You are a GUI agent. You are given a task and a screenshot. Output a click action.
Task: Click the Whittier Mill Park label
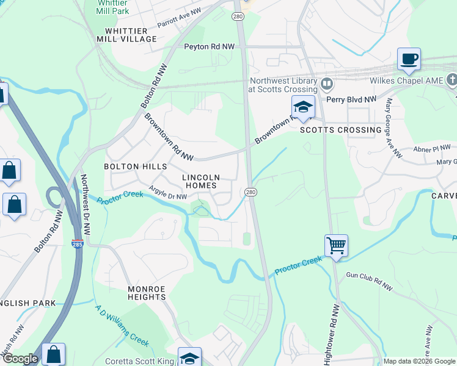click(x=112, y=7)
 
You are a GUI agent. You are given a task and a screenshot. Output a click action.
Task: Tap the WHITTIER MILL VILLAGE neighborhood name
click(x=126, y=35)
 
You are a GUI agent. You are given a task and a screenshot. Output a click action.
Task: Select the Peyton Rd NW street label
click(x=210, y=46)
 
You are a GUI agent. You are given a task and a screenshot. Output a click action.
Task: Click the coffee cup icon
click(x=409, y=60)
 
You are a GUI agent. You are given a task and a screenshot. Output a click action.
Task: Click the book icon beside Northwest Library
click(x=327, y=83)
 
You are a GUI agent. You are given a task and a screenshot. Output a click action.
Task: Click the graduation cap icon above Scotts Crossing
click(x=302, y=107)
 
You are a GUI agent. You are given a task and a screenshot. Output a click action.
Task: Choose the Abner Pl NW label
click(x=431, y=147)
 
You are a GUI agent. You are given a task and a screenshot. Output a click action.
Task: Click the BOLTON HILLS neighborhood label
click(x=135, y=167)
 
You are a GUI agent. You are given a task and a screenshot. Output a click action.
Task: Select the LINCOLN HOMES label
click(x=201, y=181)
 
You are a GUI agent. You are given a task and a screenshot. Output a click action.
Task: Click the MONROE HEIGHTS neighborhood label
click(x=147, y=293)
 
